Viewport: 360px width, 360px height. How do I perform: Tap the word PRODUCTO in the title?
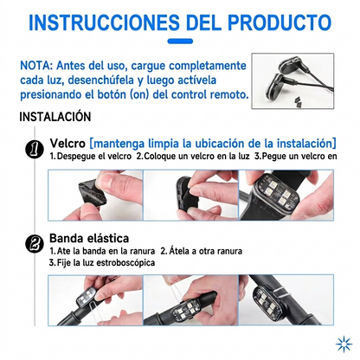[x=280, y=22]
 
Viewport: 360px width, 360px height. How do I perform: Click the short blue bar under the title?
[x=180, y=42]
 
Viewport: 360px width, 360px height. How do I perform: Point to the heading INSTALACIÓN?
[x=55, y=117]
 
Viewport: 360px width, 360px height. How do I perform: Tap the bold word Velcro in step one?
[x=67, y=144]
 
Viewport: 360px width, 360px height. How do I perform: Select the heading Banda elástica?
[x=89, y=238]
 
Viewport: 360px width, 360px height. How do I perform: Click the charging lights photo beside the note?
[x=292, y=81]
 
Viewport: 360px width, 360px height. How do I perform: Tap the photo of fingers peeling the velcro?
[x=95, y=196]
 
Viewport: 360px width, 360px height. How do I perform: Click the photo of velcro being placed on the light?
[x=190, y=196]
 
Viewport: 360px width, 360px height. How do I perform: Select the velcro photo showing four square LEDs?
[x=286, y=196]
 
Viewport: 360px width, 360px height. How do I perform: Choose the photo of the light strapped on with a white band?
[x=286, y=300]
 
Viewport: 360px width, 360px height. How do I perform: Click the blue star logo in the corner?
[x=344, y=344]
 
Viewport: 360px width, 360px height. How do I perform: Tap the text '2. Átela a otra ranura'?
[x=202, y=251]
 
